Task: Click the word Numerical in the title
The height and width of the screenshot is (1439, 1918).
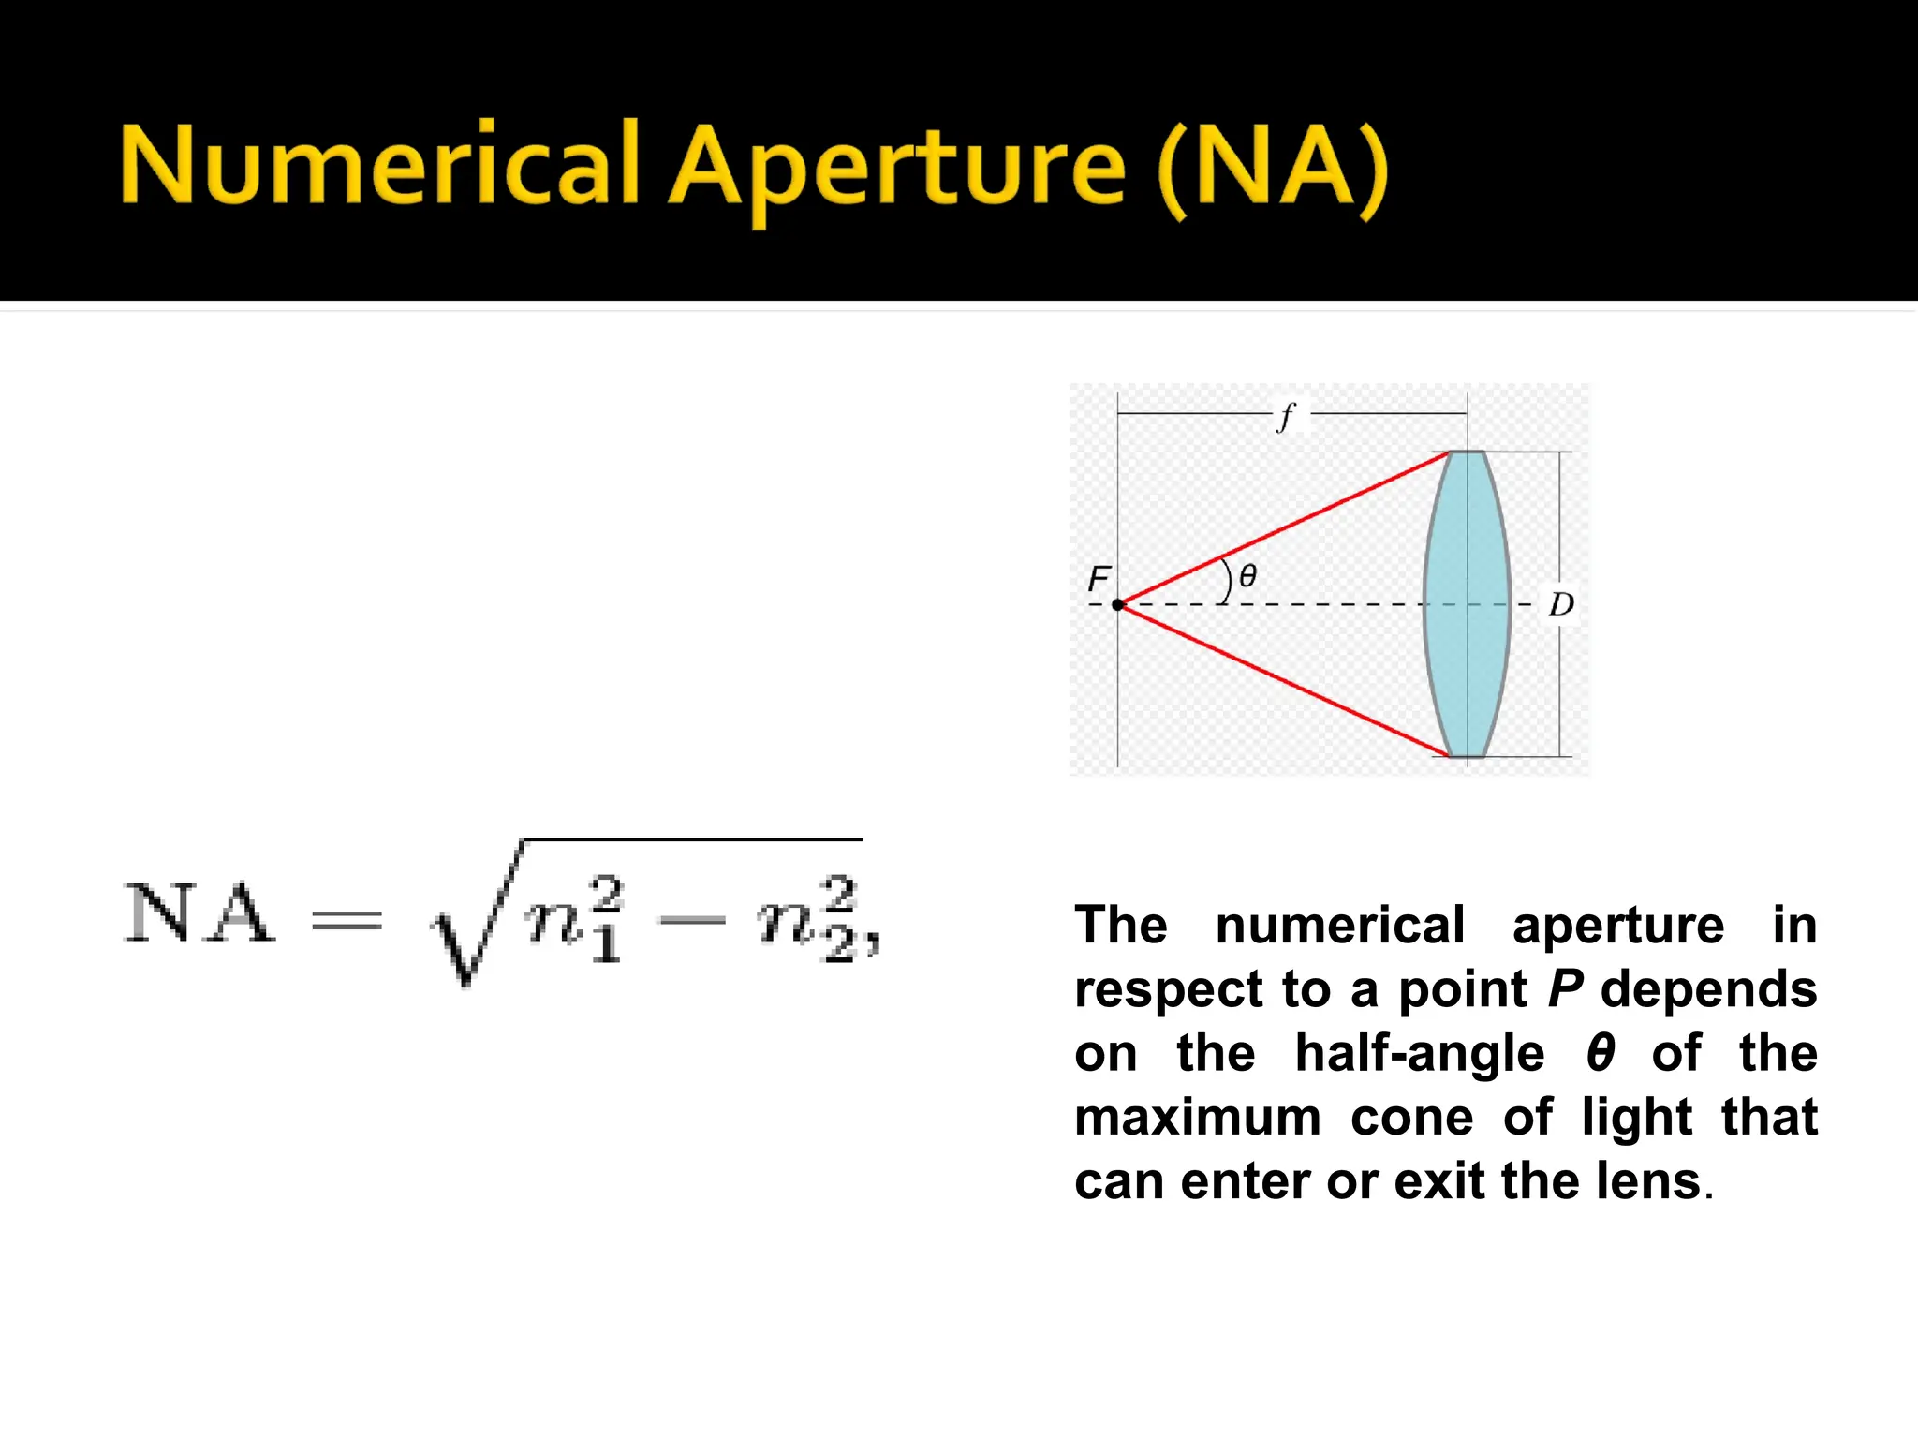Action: pyautogui.click(x=378, y=166)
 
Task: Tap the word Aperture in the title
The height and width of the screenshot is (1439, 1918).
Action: pyautogui.click(x=897, y=169)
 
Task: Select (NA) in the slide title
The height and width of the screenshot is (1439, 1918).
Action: pyautogui.click(x=1272, y=169)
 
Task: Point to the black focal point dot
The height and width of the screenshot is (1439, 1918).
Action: pyautogui.click(x=1117, y=605)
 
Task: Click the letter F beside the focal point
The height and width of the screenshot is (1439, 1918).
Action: pyautogui.click(x=1099, y=579)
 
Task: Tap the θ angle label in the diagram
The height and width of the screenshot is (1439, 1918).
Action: pyautogui.click(x=1247, y=576)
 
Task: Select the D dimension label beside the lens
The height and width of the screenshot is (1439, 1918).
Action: pyautogui.click(x=1561, y=604)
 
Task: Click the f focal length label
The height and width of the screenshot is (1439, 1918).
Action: pyautogui.click(x=1287, y=415)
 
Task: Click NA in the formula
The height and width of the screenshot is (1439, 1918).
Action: pyautogui.click(x=199, y=913)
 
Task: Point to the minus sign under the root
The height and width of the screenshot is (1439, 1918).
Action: pyautogui.click(x=692, y=922)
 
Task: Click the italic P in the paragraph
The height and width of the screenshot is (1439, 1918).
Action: pyautogui.click(x=1565, y=989)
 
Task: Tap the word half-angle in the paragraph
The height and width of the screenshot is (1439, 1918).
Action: pyautogui.click(x=1419, y=1053)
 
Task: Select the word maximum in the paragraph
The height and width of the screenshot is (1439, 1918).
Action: pyautogui.click(x=1197, y=1118)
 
